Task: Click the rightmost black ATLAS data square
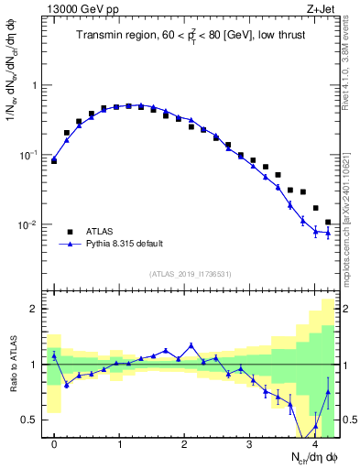coord(328,222)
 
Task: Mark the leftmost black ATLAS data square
coord(54,160)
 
